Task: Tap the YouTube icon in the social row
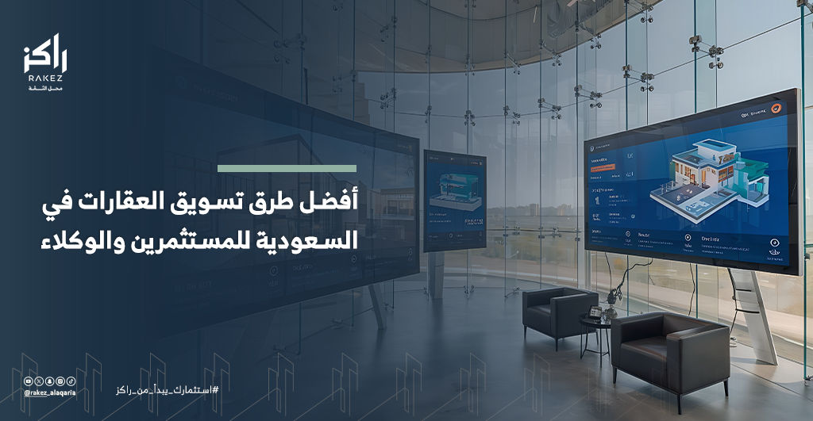point(29,381)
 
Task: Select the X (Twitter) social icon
point(39,381)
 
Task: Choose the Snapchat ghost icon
point(49,381)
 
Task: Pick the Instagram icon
point(60,381)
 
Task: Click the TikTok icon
point(70,381)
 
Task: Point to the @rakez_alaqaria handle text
point(49,392)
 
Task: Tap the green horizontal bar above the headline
point(287,168)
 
